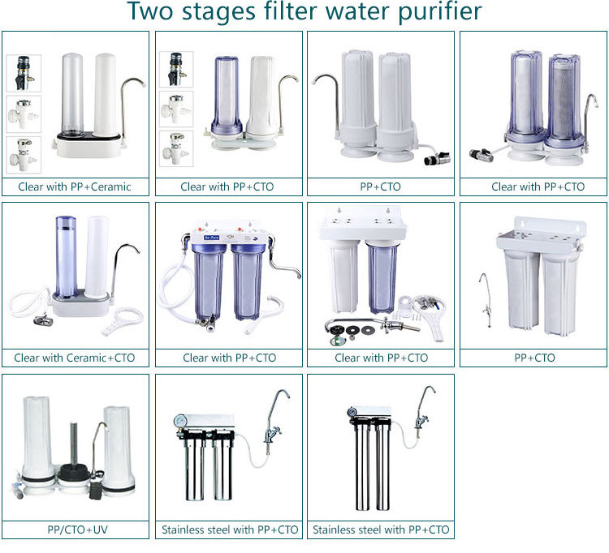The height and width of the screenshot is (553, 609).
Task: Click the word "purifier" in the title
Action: click(439, 11)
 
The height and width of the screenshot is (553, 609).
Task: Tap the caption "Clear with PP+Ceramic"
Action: click(75, 187)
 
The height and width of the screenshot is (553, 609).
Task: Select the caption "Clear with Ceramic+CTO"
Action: click(75, 358)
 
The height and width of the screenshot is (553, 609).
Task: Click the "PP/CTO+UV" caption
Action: click(77, 529)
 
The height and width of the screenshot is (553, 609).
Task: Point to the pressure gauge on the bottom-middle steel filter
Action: click(180, 420)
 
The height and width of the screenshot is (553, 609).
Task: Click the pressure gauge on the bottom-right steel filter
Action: click(352, 411)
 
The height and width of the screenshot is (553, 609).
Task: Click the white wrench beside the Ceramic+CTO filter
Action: click(123, 321)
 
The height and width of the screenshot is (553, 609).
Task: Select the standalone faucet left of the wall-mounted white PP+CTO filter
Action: click(486, 301)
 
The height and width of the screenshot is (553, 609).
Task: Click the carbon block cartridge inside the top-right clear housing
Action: click(564, 98)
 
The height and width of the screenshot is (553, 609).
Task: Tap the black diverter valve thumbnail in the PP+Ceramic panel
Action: click(24, 73)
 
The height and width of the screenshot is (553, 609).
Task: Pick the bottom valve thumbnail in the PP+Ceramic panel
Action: click(24, 155)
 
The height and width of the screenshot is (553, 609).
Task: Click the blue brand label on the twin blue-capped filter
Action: click(212, 237)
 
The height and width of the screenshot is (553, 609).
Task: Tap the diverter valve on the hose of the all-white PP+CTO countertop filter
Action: click(438, 158)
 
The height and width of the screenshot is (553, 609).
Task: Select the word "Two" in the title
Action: click(149, 11)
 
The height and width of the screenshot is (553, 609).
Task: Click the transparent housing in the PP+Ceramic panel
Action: click(72, 95)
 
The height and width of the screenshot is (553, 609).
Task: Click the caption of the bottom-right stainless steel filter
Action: click(381, 529)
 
